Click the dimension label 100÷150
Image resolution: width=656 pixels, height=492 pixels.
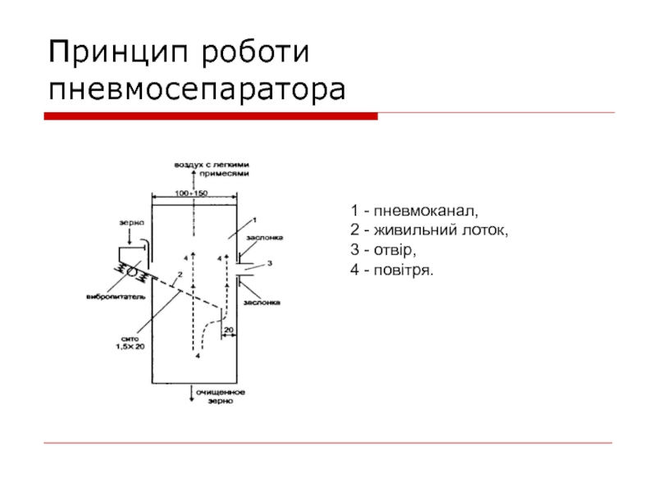[x=194, y=193]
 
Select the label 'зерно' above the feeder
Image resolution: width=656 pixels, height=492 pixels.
[x=132, y=222]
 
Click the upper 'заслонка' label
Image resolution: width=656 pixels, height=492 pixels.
[x=264, y=238]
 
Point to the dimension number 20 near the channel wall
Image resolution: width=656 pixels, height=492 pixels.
[x=229, y=330]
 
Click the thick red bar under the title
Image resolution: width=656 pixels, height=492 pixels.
[x=210, y=116]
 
